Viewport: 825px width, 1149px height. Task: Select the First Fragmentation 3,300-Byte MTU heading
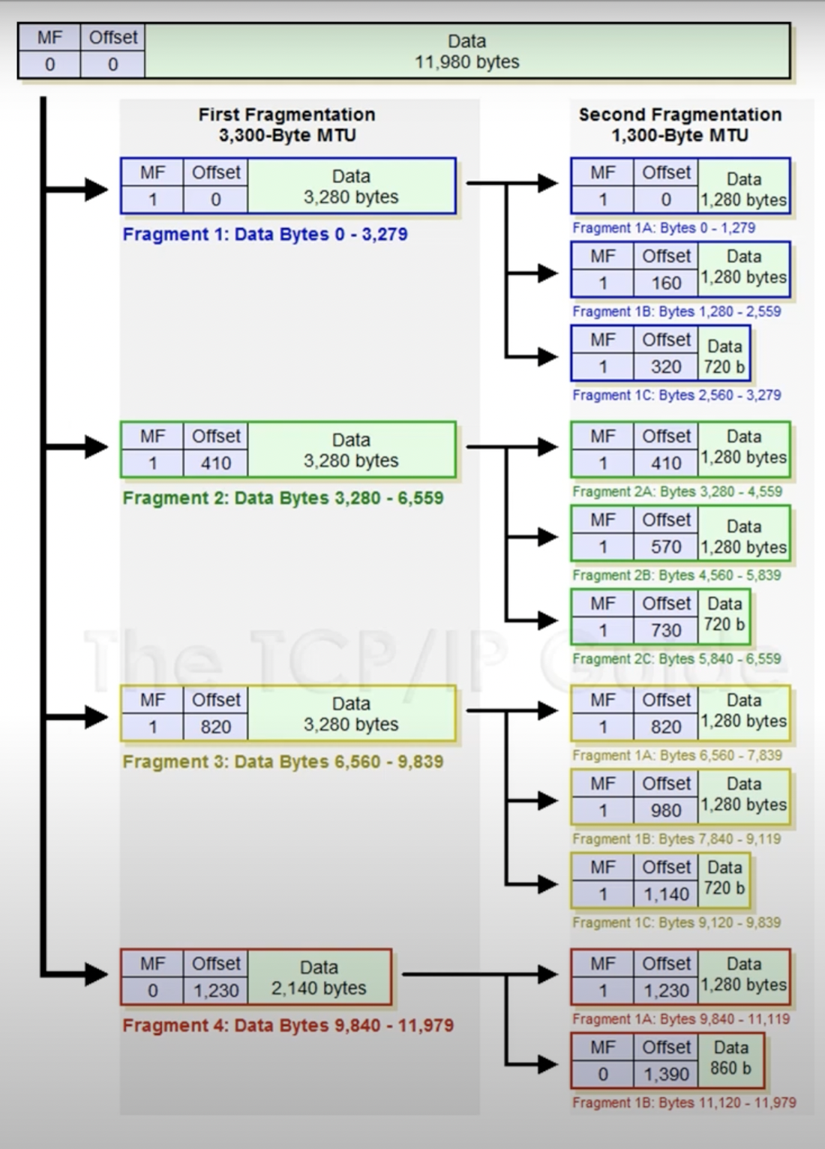[287, 125]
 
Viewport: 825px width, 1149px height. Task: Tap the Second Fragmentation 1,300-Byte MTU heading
[679, 125]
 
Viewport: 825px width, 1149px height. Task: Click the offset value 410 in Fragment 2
[215, 463]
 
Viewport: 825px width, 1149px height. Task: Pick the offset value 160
[666, 283]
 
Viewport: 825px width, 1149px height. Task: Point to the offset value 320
[666, 367]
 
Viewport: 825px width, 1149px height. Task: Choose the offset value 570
[666, 547]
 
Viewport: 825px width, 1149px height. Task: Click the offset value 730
[666, 631]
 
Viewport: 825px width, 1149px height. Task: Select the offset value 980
[666, 811]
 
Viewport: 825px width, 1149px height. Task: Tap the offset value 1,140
[666, 894]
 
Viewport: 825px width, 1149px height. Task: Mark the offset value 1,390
[666, 1074]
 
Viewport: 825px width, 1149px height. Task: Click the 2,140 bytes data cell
[319, 978]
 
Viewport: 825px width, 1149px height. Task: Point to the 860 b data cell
[730, 1058]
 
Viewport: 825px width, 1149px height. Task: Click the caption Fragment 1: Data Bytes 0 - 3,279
[265, 234]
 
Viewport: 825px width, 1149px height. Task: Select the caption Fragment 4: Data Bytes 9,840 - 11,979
[288, 1025]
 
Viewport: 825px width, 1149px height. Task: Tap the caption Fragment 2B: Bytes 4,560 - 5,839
[676, 575]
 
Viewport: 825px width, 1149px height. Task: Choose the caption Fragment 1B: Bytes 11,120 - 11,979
[684, 1102]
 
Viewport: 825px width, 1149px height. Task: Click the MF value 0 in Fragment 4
[152, 991]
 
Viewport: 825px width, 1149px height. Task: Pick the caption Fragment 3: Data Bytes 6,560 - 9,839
[283, 762]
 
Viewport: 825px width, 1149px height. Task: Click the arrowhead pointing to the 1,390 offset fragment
[547, 1063]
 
